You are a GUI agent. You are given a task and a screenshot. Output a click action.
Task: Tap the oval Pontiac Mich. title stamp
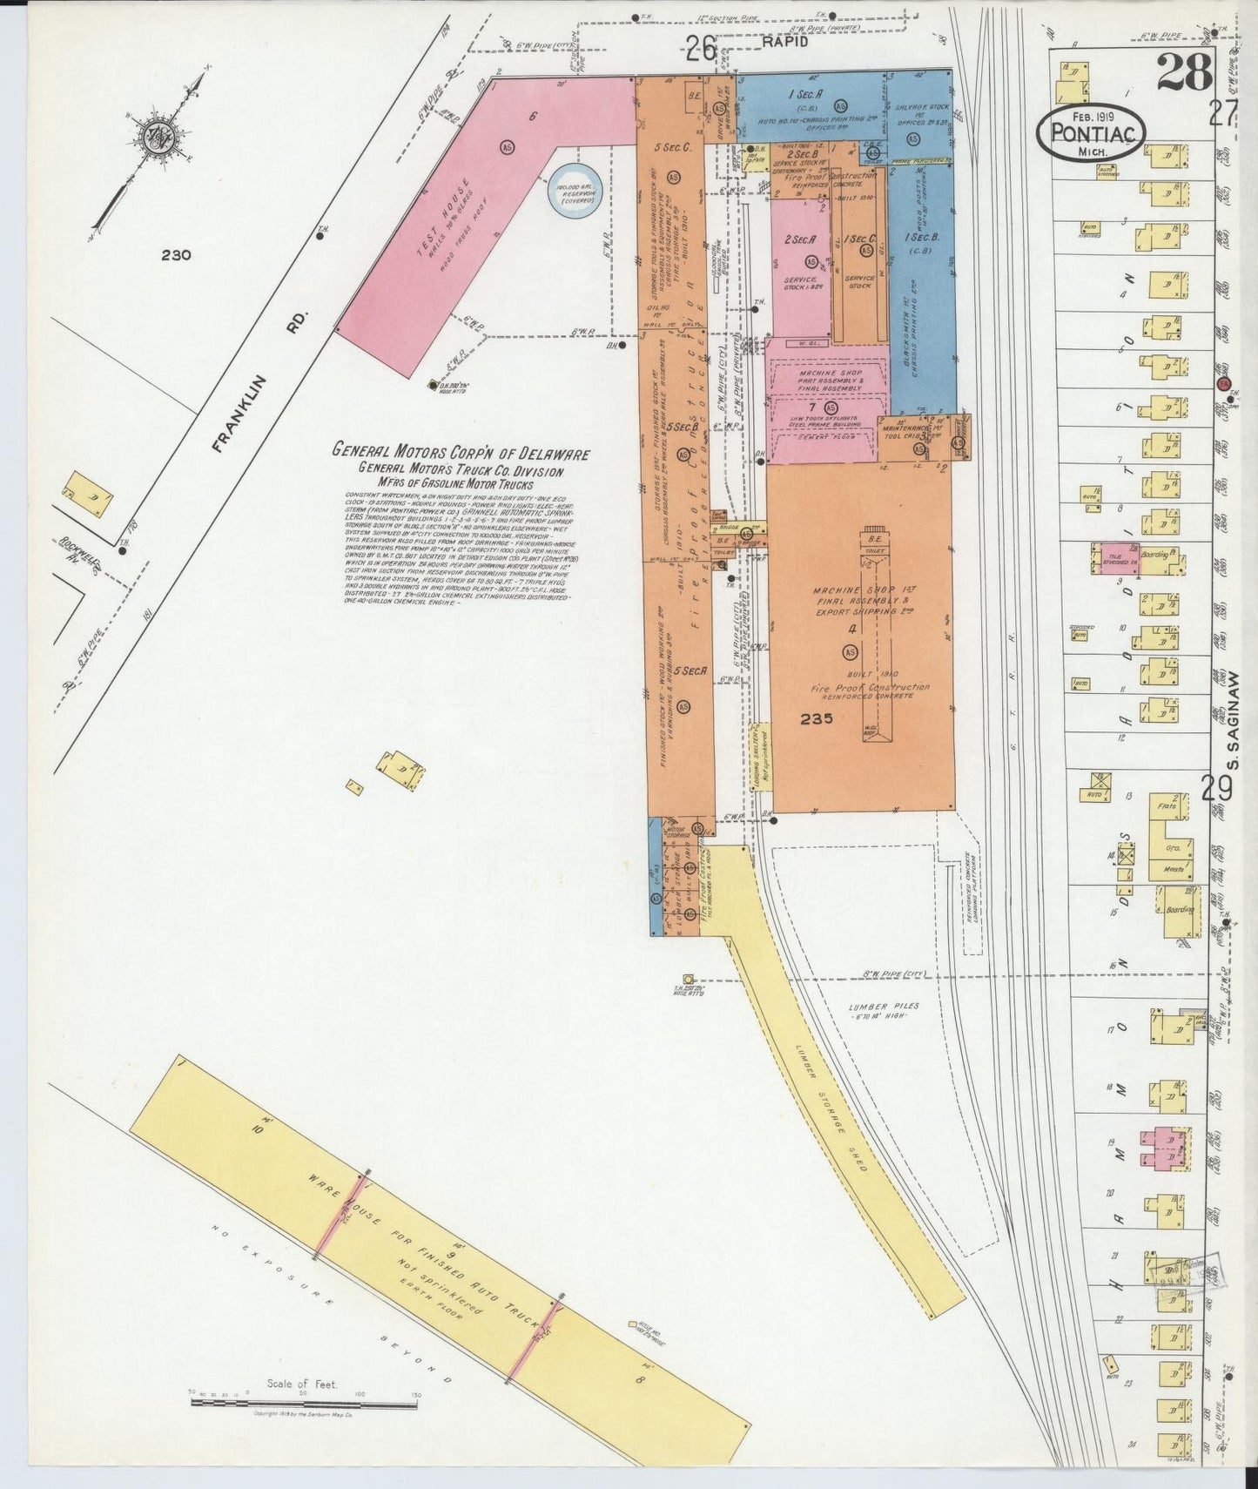coord(1091,131)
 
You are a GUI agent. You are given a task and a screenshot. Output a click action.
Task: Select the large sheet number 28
coord(1184,72)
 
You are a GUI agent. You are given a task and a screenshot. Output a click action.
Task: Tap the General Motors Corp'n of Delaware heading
coord(461,453)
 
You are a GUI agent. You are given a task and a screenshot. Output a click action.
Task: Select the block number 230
coord(176,255)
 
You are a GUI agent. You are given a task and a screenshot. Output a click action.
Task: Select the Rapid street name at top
coord(785,41)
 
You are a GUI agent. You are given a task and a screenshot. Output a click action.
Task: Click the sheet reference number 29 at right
coord(1217,789)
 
